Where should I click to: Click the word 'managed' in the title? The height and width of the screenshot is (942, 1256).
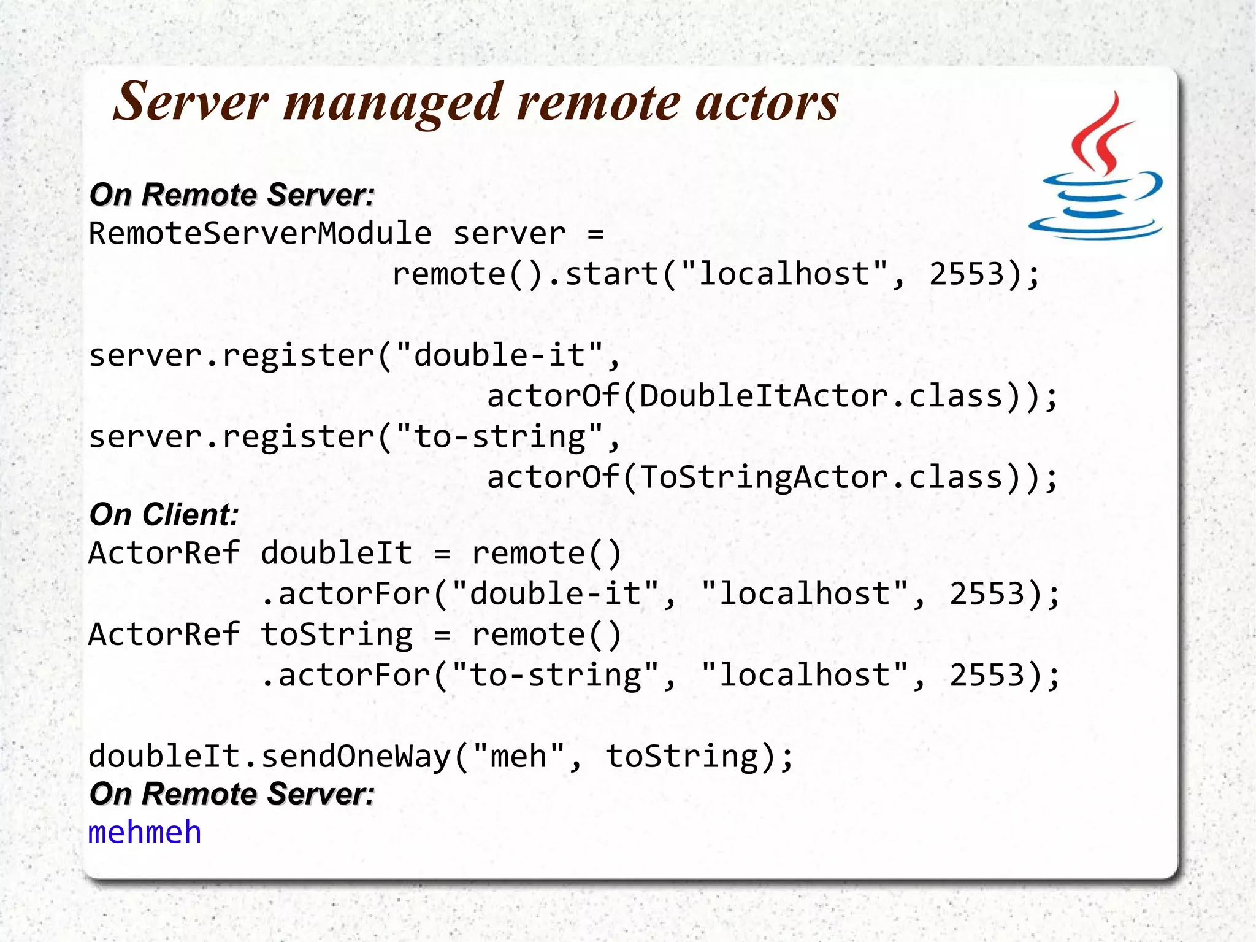click(392, 103)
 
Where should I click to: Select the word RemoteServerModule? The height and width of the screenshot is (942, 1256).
click(260, 234)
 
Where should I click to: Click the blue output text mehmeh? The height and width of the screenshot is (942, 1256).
click(145, 833)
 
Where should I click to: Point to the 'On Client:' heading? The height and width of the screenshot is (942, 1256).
click(164, 514)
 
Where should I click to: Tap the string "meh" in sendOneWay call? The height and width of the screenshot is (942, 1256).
click(518, 756)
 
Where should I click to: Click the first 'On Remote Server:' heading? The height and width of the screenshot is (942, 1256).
click(232, 195)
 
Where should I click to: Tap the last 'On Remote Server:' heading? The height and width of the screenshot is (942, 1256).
click(232, 793)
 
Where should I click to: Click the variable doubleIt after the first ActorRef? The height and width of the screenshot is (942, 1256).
click(336, 554)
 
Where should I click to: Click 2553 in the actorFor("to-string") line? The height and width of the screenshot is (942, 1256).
click(987, 675)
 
